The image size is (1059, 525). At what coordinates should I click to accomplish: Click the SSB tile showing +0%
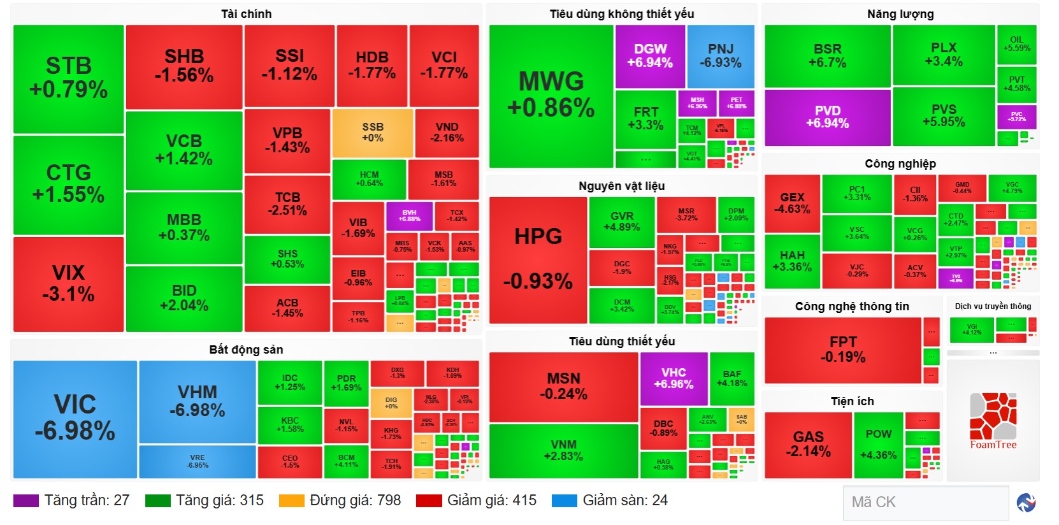pyautogui.click(x=373, y=133)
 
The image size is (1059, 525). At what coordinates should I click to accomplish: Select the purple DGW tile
pyautogui.click(x=650, y=56)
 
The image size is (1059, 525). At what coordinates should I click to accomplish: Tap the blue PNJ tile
pyautogui.click(x=721, y=56)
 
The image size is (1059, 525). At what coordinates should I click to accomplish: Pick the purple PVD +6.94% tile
pyautogui.click(x=827, y=117)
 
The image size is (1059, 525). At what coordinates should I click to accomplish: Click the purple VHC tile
pyautogui.click(x=674, y=378)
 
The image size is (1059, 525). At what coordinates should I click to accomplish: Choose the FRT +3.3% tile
pyautogui.click(x=645, y=119)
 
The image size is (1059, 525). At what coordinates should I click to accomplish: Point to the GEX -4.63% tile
pyautogui.click(x=792, y=203)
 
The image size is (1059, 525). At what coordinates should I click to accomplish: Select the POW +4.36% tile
pyautogui.click(x=878, y=444)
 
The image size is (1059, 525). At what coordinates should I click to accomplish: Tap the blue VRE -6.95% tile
pyautogui.click(x=198, y=461)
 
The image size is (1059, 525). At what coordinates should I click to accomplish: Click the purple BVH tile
pyautogui.click(x=409, y=216)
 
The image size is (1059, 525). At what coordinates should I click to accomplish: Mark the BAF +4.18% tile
pyautogui.click(x=731, y=378)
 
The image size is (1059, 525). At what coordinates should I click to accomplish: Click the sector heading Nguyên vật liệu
pyautogui.click(x=621, y=186)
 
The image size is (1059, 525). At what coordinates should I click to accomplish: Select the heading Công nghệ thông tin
pyautogui.click(x=852, y=306)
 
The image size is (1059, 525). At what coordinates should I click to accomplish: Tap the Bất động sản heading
pyautogui.click(x=246, y=350)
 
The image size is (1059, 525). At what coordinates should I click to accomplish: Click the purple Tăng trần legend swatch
pyautogui.click(x=25, y=501)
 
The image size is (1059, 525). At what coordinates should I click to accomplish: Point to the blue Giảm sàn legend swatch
pyautogui.click(x=564, y=501)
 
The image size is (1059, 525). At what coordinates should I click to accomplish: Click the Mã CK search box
pyautogui.click(x=925, y=503)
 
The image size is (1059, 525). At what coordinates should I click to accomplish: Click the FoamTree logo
pyautogui.click(x=993, y=421)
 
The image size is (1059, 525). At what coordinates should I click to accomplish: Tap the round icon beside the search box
pyautogui.click(x=1026, y=503)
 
